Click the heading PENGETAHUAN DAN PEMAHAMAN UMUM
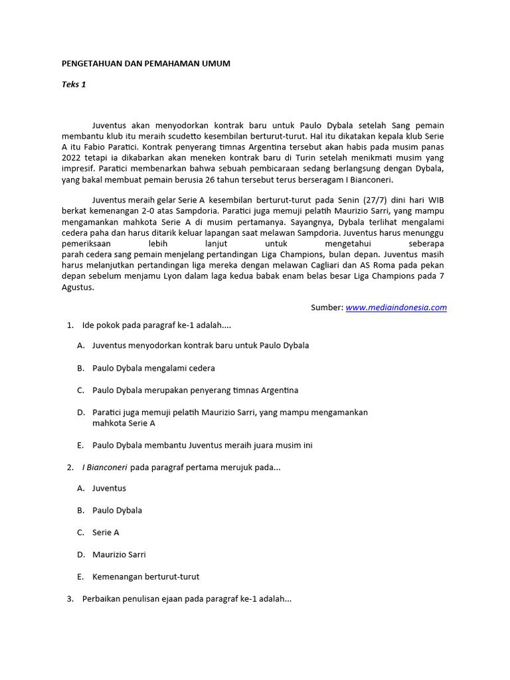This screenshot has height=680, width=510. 146,63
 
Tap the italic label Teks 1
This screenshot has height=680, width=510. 74,84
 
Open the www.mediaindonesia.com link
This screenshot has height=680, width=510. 396,307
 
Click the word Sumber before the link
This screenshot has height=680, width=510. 326,307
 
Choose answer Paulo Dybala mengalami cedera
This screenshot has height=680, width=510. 153,368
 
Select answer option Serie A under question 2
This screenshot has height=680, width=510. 106,533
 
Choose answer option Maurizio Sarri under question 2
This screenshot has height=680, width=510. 119,554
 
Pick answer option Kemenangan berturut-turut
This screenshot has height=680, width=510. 145,576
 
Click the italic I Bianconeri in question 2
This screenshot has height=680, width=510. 105,467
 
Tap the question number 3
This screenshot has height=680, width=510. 70,599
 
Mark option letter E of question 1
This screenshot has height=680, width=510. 80,446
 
